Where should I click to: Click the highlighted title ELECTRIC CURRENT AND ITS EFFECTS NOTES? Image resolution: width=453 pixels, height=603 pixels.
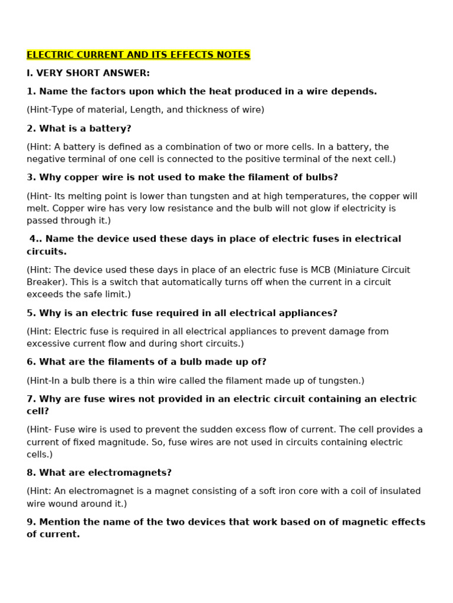pos(138,55)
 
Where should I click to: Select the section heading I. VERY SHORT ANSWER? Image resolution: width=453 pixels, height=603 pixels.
pos(88,73)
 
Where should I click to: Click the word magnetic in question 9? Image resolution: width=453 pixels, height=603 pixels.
pos(314,522)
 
